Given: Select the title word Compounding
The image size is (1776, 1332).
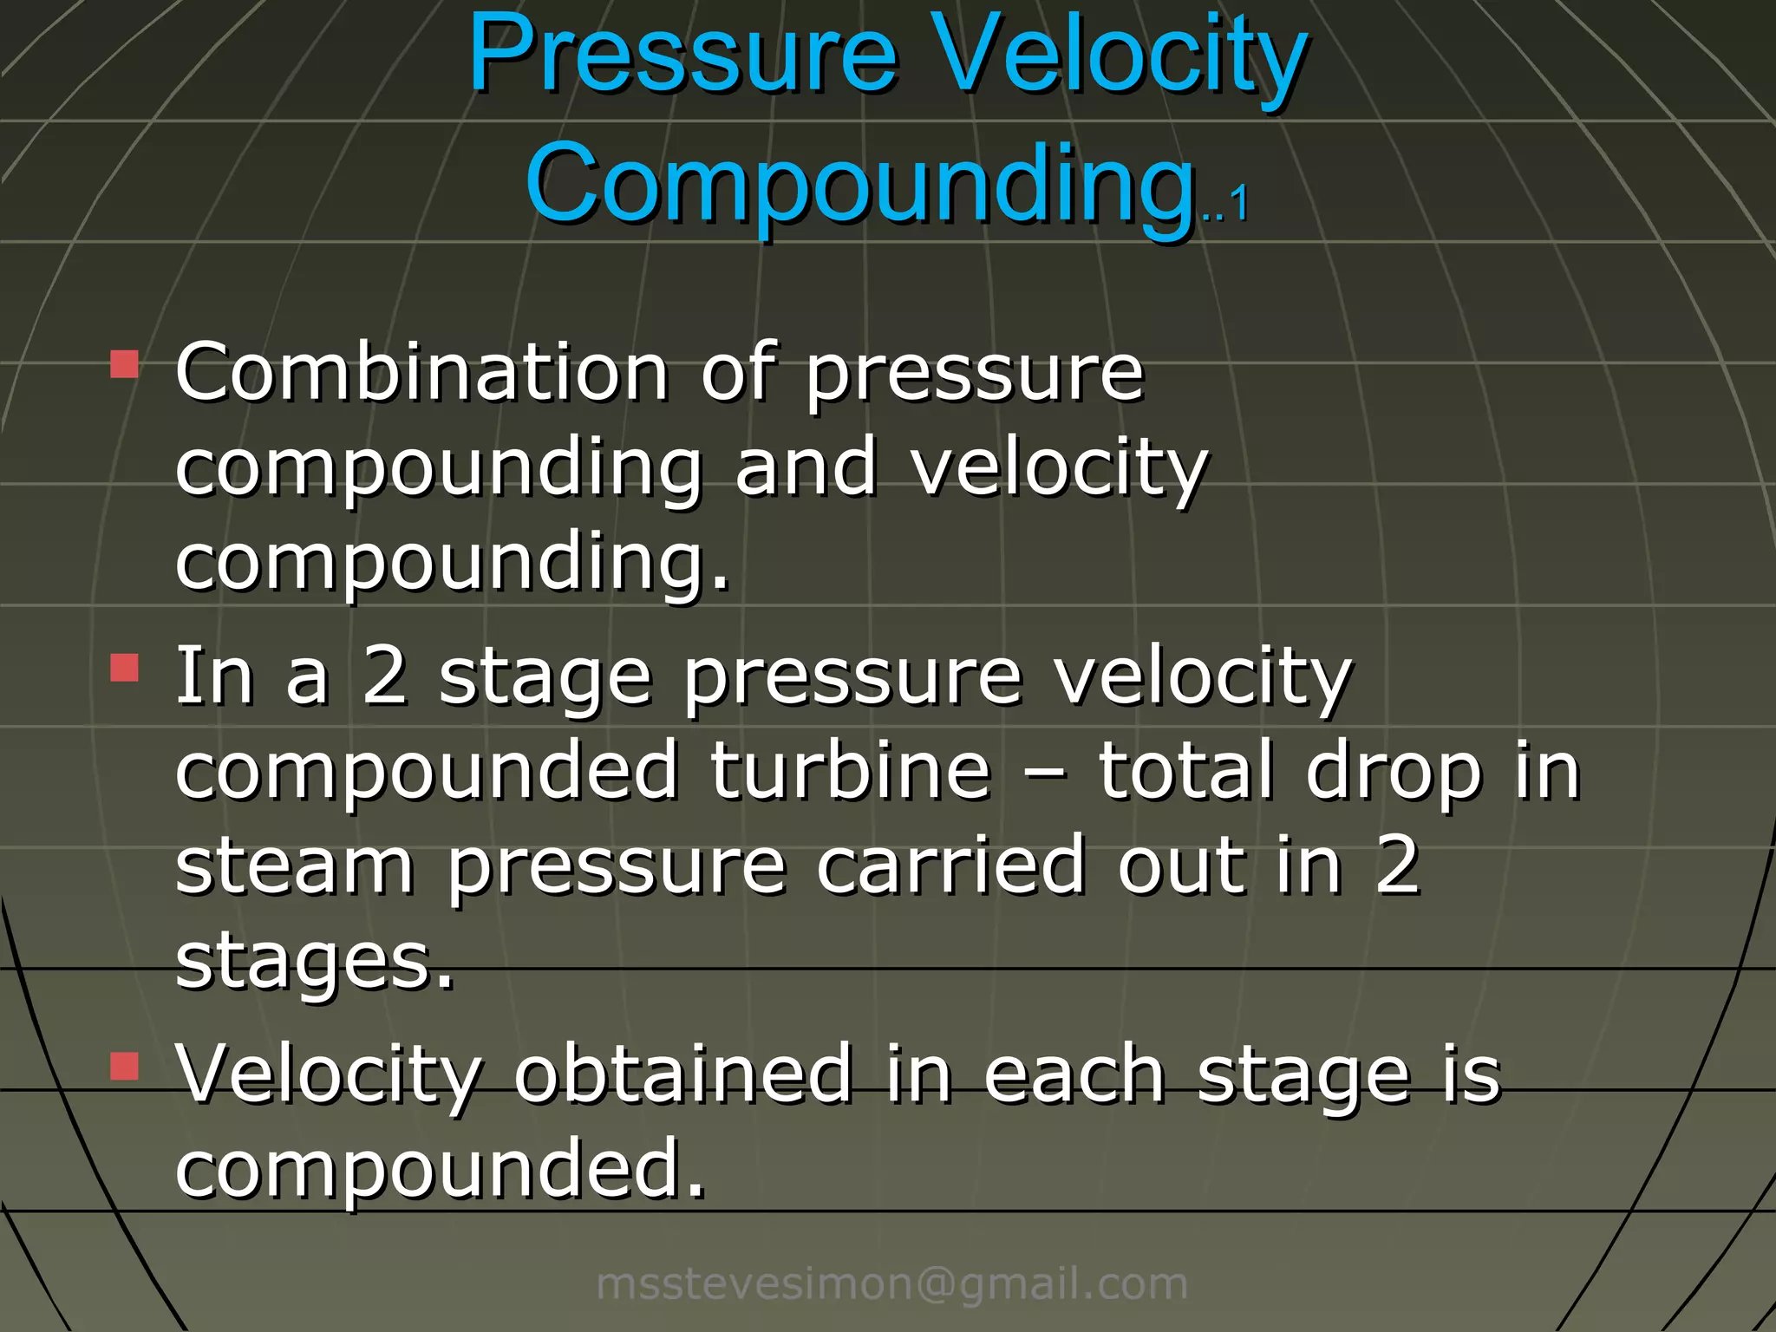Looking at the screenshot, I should (x=859, y=184).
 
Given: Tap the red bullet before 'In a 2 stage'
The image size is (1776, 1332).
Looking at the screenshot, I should (x=125, y=668).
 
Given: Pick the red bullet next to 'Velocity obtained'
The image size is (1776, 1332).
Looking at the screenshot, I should (x=125, y=1066).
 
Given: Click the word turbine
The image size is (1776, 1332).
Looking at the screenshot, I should (x=851, y=770).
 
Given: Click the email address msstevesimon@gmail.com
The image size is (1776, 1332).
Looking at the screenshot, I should (x=891, y=1283).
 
